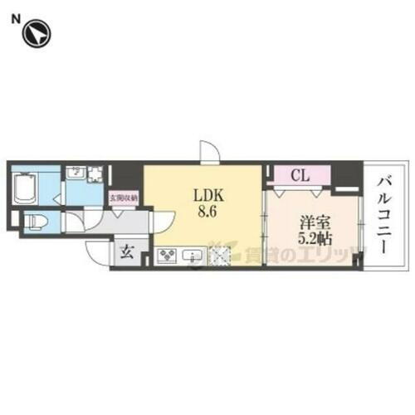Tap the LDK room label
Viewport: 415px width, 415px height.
(206, 196)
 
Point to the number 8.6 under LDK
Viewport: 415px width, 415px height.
(206, 212)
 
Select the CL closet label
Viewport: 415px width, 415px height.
(301, 176)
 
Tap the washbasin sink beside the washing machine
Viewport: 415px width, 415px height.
(74, 175)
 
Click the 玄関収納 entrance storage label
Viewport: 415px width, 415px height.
(124, 198)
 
